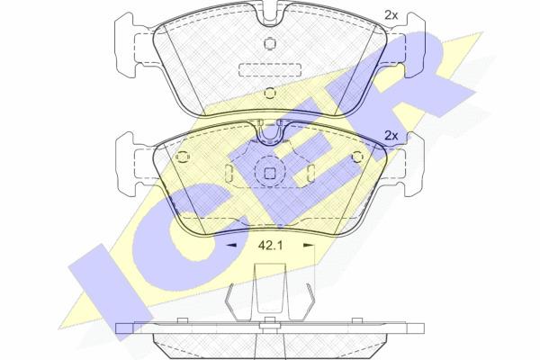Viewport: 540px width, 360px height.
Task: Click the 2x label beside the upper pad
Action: (391, 15)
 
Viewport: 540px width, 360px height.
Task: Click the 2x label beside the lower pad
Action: (391, 136)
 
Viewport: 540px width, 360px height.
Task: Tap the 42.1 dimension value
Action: (270, 246)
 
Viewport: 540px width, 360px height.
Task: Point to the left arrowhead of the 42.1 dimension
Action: (231, 246)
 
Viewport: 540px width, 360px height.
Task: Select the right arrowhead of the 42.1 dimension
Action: (309, 246)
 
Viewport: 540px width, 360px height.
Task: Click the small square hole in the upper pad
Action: (270, 43)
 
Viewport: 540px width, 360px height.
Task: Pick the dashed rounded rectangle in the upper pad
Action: (270, 70)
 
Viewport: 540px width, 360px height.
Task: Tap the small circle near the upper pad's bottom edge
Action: (270, 93)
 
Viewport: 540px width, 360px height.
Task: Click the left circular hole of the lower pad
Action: (183, 157)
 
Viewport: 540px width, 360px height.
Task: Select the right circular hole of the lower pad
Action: (358, 157)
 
